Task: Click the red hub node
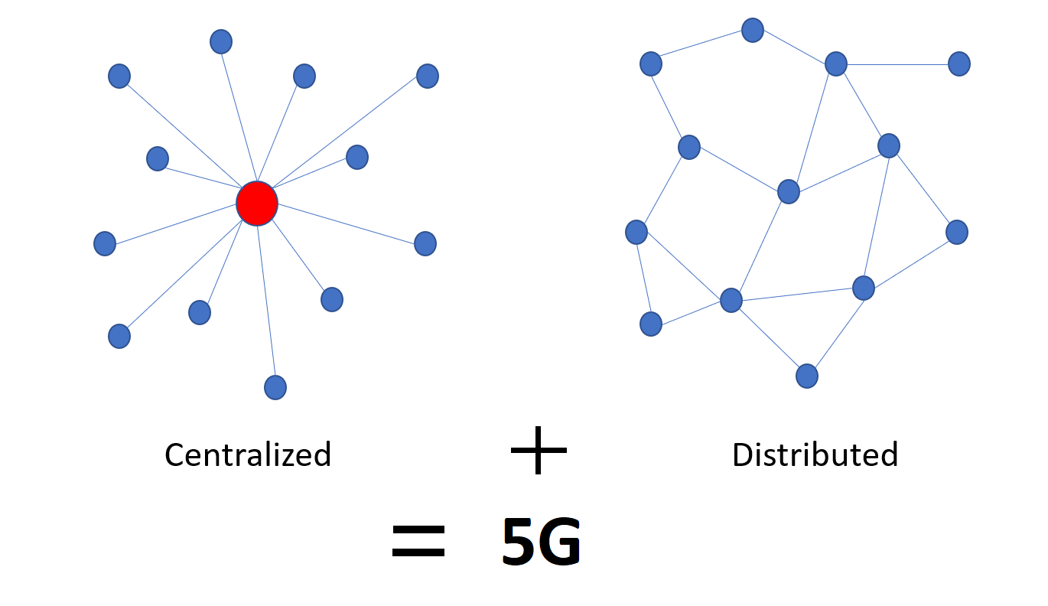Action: (257, 204)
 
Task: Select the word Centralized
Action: (248, 454)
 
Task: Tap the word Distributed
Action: (815, 454)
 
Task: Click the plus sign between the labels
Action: (539, 450)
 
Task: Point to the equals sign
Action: (418, 542)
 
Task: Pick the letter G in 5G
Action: (561, 542)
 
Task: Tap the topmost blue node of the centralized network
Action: (221, 41)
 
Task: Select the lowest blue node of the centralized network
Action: (275, 387)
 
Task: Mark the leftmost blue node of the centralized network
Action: (105, 243)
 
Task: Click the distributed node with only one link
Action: (959, 64)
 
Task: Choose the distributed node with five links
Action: (731, 300)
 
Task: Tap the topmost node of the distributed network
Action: (753, 31)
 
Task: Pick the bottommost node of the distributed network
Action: (807, 376)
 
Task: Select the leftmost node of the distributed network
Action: (636, 231)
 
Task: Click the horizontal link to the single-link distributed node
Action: (898, 64)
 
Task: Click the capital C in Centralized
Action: (174, 455)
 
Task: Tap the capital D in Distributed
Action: (742, 454)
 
